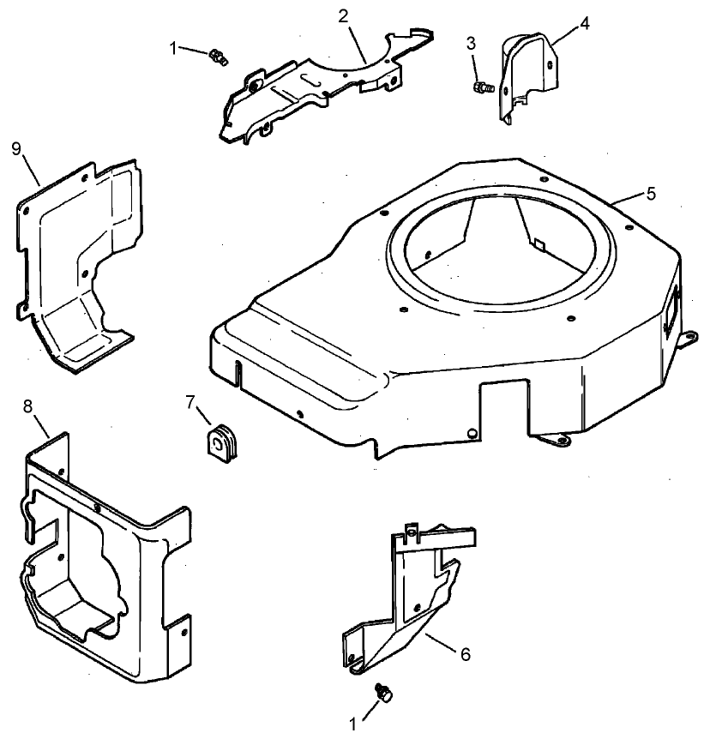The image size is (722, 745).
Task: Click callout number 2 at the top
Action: coord(342,16)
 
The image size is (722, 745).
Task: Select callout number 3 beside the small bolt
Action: coord(471,43)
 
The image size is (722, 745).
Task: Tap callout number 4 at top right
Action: coord(585,23)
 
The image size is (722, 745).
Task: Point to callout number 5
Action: coord(651,193)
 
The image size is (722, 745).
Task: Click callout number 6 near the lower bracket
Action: coord(465,654)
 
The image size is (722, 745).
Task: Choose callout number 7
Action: coord(191,400)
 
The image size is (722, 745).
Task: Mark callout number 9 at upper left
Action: coord(16,148)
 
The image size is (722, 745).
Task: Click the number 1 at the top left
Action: coord(175,49)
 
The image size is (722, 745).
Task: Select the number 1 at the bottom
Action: coord(352,724)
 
